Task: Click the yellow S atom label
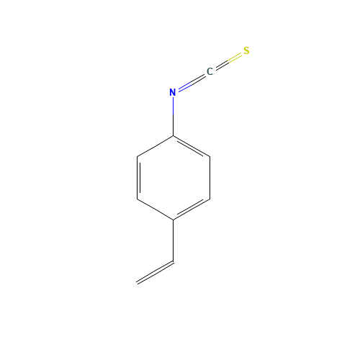246,50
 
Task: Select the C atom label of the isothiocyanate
210,71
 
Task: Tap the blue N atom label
173,92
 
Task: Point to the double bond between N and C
191,82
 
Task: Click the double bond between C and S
228,61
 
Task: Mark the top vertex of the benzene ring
173,135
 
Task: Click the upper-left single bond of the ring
155,145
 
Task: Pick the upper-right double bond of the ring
192,145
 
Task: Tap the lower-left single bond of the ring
155,209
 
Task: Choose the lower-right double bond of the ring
192,209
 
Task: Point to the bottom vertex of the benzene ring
173,219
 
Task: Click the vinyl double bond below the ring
155,273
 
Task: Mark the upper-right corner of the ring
210,156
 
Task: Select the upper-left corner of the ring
137,156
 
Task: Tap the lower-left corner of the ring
137,198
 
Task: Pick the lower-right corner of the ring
210,198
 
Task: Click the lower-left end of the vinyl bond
138,283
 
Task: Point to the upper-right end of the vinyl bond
173,262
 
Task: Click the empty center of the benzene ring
173,177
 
